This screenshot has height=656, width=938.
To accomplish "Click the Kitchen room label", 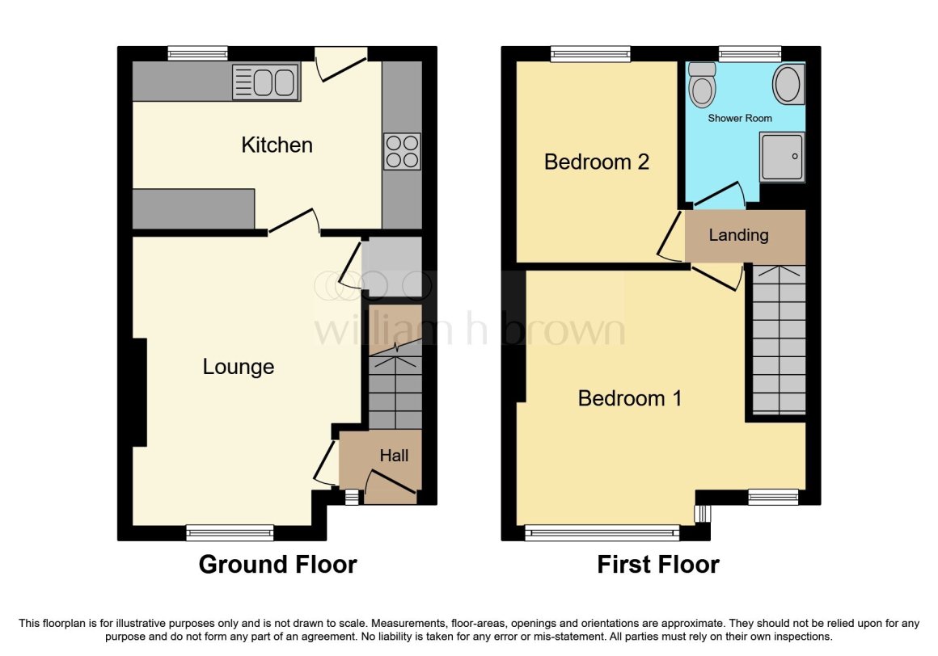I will point(277,145).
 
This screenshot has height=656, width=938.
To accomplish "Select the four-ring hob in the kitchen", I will point(402,151).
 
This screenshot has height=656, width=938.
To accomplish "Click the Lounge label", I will point(239,367).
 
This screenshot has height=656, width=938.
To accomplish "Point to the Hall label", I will point(394,456).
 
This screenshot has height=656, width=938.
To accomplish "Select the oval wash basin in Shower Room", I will point(788,84).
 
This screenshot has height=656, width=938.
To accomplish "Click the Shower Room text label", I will point(740,118).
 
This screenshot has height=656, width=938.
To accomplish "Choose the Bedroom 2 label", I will point(597,162).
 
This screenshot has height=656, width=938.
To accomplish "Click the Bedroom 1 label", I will point(630,398).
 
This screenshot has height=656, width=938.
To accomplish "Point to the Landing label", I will point(738,235).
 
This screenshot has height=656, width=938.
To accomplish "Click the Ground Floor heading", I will point(277,564).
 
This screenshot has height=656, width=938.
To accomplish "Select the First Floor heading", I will point(658,564).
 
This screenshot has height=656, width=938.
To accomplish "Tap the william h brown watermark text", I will point(469,330).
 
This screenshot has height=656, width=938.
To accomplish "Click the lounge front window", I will point(230,532).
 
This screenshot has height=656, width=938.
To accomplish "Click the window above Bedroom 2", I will point(590,54).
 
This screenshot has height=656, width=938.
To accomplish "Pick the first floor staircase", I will point(779,339).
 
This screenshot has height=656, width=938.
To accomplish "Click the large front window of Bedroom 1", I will point(602,532).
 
